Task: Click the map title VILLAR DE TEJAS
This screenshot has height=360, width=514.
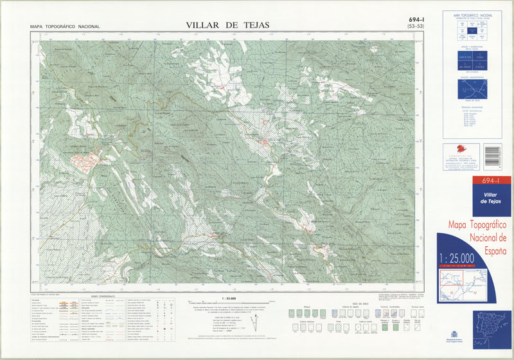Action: (x=227, y=25)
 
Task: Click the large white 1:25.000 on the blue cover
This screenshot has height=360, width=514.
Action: (x=457, y=258)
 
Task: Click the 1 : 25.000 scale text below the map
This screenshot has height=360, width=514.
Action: (x=228, y=299)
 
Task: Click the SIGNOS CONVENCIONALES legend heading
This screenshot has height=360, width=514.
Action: (x=102, y=296)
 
